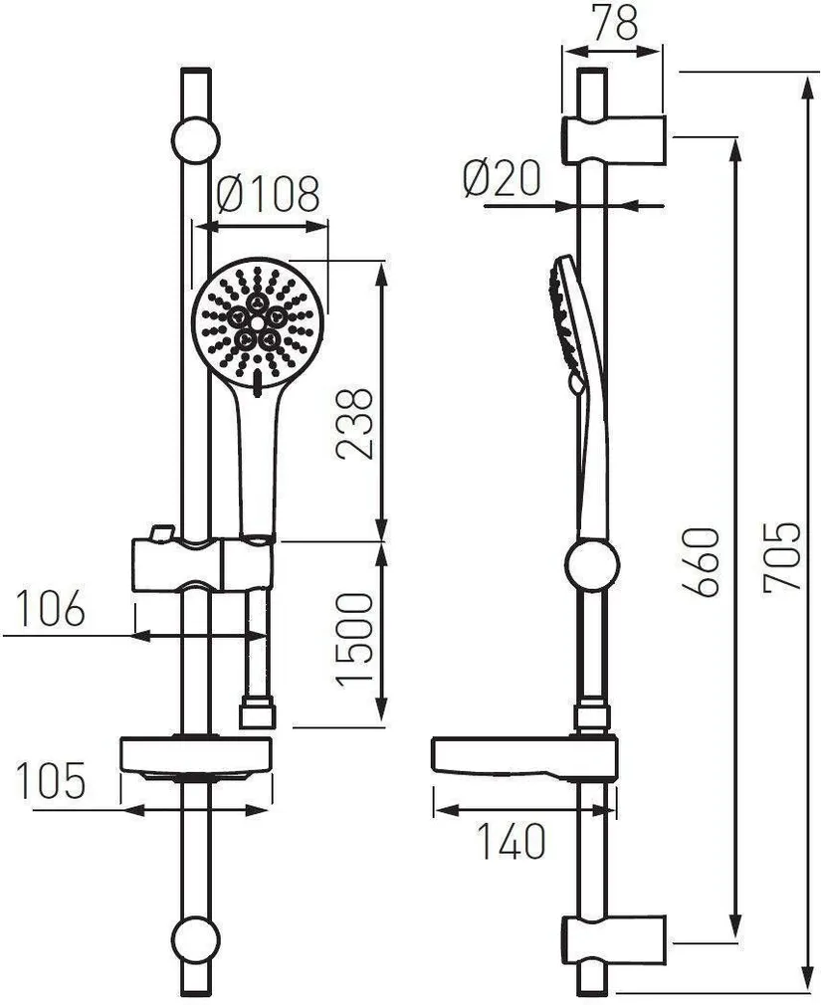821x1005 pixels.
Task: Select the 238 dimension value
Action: tap(353, 423)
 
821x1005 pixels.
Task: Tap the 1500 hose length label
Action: tap(353, 640)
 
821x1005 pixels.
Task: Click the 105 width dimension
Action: tap(50, 780)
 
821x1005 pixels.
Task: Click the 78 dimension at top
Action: tap(615, 23)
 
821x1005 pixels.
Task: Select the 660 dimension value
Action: tap(700, 562)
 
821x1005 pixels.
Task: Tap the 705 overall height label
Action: tap(782, 555)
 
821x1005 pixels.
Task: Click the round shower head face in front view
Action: tap(259, 322)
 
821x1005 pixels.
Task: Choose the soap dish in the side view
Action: tap(524, 759)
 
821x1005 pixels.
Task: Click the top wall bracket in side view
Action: tap(614, 140)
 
